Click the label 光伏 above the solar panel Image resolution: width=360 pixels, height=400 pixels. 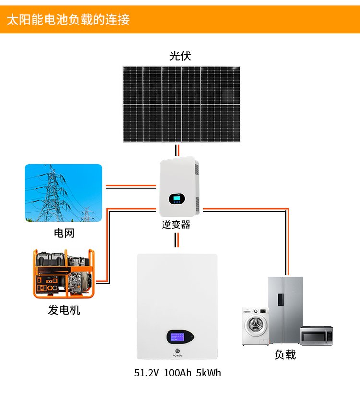coord(180,56)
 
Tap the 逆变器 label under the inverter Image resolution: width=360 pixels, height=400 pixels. coord(176,225)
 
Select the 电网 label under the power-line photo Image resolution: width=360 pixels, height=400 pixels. coord(64,233)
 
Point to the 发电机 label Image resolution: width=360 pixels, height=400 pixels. coord(64,310)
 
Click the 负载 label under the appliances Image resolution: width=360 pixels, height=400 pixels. coord(285,354)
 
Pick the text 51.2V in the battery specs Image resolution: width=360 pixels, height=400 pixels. coord(146,373)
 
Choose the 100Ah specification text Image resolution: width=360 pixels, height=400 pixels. coord(178,373)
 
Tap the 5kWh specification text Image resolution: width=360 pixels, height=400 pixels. coord(209,373)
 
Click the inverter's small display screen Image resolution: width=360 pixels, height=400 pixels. coord(177,199)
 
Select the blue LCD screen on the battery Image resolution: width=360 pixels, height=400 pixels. coord(178,337)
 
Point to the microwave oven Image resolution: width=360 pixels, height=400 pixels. coord(316,336)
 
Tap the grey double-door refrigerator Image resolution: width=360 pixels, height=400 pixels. coord(286,310)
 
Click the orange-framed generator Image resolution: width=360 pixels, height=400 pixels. coord(63,274)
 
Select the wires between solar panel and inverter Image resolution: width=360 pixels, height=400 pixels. coord(177,150)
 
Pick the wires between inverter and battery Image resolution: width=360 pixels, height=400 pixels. coord(177,240)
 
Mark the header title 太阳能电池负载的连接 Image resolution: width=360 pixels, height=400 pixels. coord(68,20)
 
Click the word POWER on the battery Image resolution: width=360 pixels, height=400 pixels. coord(177,355)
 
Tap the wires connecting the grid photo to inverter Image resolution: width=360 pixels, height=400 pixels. coord(131,187)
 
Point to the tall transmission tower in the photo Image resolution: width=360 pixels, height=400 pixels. coord(52,193)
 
